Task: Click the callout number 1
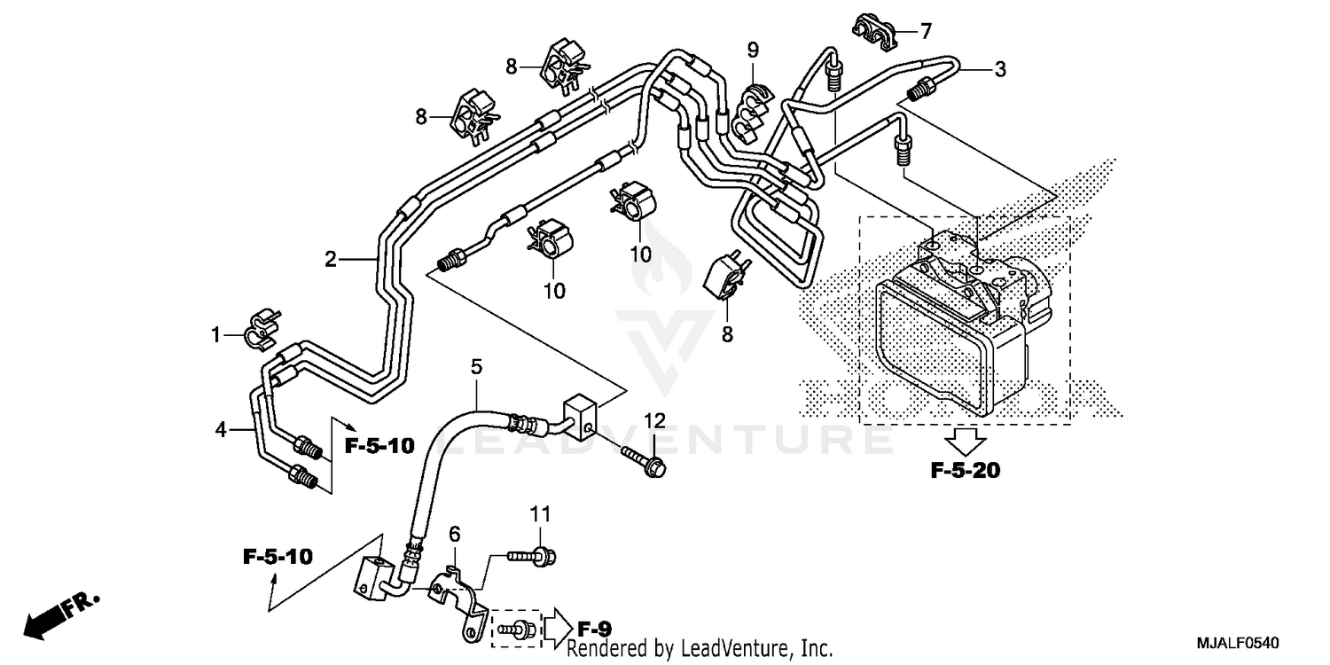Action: click(215, 335)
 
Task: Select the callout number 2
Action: click(330, 259)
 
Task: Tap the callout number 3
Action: click(999, 70)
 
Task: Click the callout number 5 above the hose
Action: click(476, 366)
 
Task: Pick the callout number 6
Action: click(454, 533)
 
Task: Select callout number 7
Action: click(926, 33)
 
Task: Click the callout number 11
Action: click(541, 512)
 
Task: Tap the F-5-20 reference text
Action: click(965, 471)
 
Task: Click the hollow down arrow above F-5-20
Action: click(965, 439)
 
